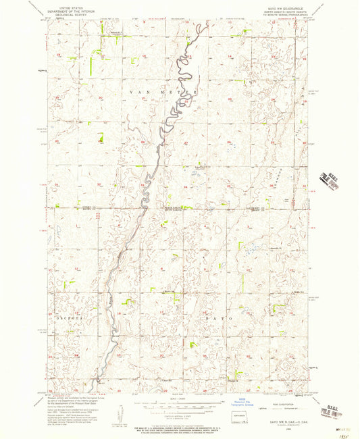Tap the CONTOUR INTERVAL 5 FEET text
(x=180, y=413)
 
